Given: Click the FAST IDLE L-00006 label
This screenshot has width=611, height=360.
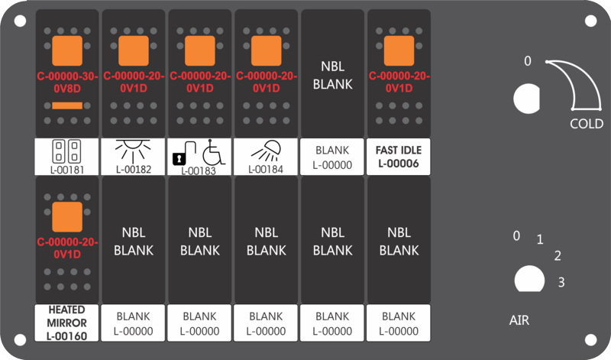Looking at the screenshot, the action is point(398,157).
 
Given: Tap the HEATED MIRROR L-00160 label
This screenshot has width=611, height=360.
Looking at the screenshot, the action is point(66,323).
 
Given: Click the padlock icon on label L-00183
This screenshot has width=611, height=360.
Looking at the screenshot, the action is point(183,154).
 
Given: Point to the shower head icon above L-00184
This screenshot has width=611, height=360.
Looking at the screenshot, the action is point(266,151).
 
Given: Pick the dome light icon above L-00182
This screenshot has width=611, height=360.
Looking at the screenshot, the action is point(133,151).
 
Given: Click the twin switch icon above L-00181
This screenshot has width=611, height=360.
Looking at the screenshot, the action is point(66,151).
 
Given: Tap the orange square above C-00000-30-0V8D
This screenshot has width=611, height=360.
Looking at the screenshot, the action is point(67,50).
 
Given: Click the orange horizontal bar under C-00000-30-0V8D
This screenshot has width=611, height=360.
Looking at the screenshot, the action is point(67,105).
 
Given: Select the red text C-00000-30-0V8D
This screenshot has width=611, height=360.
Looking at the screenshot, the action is point(67,83).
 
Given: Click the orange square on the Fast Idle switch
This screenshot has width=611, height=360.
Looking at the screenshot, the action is point(399,50).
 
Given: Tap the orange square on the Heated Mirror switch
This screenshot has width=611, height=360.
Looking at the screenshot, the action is point(67,217).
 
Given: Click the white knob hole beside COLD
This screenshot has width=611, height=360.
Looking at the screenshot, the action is point(527,99).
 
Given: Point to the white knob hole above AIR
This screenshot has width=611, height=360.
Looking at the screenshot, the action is point(529,279).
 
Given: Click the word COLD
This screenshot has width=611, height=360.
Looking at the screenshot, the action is point(587,124).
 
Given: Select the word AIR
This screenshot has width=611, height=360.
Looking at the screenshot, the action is point(519,320).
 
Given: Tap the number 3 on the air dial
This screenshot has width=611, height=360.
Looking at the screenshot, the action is point(561,282).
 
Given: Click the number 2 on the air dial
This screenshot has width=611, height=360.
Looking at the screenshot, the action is point(558,256).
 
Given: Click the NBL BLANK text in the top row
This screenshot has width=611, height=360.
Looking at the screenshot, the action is point(333,75).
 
